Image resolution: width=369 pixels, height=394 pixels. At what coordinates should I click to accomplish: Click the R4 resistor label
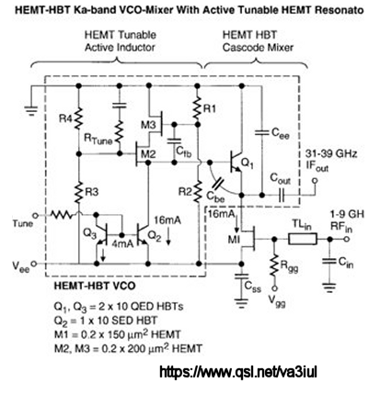coord(66,118)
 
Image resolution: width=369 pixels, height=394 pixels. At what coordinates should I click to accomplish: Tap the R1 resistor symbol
coord(197,107)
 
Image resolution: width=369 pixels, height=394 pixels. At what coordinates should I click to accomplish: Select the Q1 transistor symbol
coord(236,162)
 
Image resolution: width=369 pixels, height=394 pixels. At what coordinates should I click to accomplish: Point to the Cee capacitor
coord(261,132)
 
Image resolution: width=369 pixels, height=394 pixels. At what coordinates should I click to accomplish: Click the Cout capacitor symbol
coord(281,195)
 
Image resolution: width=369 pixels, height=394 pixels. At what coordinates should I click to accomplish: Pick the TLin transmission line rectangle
coord(303,239)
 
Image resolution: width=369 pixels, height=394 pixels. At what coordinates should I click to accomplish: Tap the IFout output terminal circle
coord(314,181)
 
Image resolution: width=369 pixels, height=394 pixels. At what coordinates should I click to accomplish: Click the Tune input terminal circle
coord(35,216)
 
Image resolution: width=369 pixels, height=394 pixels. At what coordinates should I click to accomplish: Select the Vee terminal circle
coord(34,264)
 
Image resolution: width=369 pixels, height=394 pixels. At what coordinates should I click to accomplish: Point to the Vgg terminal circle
coord(275,288)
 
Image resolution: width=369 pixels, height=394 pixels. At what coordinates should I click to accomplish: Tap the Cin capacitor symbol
coord(329,262)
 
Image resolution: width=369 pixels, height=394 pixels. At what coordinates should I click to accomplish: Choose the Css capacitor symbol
coord(242,277)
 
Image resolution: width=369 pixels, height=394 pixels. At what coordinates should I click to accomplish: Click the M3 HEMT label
coord(148,125)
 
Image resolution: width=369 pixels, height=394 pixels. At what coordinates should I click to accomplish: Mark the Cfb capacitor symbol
coord(174,141)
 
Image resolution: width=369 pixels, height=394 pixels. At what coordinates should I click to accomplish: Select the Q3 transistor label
coord(89,234)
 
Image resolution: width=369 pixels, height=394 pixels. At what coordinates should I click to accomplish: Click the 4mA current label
coord(122,244)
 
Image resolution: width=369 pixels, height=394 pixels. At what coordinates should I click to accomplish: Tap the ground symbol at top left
coord(30,110)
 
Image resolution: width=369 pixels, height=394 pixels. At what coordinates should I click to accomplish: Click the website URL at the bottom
coord(238,372)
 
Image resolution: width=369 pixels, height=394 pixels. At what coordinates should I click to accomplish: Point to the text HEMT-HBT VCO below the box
coord(95,286)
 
